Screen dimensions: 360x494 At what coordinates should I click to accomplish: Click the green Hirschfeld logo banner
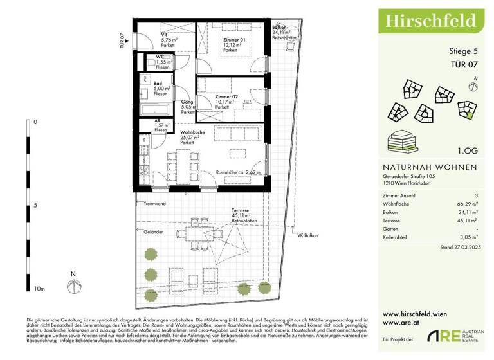pos(430,21)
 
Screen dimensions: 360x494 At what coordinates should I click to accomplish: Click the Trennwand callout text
pos(155,204)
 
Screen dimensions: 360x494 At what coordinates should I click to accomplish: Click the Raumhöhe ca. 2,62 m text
pos(238,172)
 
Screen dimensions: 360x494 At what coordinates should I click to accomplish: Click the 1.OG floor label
pos(468,151)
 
